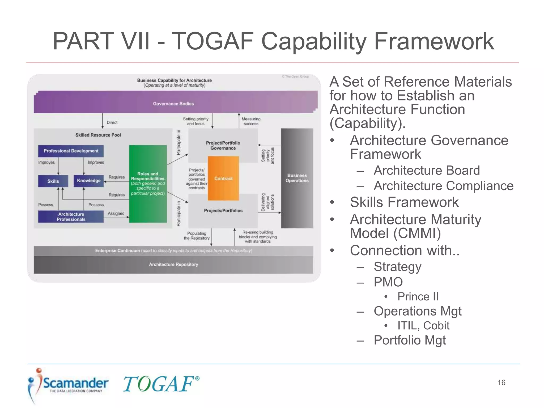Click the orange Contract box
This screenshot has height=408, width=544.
tap(223, 178)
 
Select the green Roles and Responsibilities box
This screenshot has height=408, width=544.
tap(148, 184)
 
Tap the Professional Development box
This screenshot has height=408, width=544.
tap(71, 151)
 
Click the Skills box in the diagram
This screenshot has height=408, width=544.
tap(53, 181)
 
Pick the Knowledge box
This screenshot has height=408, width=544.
tap(89, 181)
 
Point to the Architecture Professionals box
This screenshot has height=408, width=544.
tap(71, 217)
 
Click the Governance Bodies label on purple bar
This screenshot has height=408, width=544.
tap(173, 104)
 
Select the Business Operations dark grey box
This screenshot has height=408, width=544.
tap(297, 178)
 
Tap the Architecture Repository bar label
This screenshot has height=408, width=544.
tap(173, 265)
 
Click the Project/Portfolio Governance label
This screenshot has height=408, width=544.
tap(223, 146)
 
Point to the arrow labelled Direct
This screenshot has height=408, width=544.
tap(103, 121)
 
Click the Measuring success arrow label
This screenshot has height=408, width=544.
tap(251, 121)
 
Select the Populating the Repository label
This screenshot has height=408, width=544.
tap(197, 236)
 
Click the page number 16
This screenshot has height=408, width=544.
tap(501, 382)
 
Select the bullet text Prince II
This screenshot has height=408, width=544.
tap(418, 297)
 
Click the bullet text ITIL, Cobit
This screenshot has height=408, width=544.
tap(423, 326)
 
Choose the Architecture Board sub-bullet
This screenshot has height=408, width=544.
tap(427, 171)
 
